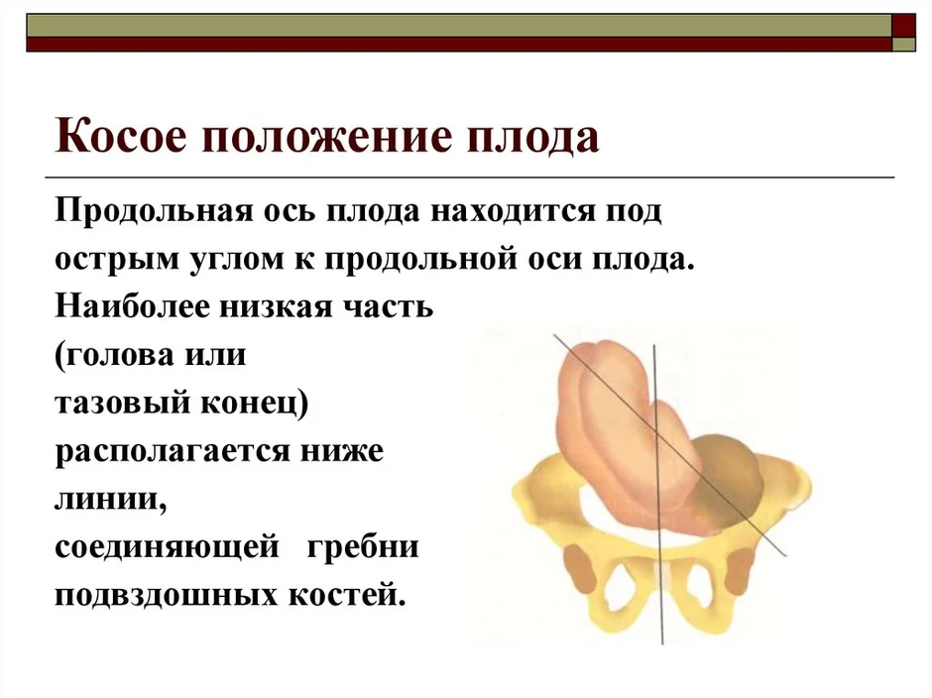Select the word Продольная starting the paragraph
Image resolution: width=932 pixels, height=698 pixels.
coord(154,212)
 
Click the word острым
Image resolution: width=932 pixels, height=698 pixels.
coord(117,261)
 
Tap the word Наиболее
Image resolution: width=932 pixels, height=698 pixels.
coord(133,306)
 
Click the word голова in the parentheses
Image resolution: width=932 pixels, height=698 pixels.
coord(118,356)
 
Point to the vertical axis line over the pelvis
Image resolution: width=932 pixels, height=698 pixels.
coord(658,495)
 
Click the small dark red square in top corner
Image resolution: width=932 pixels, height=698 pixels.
coord(903,26)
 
